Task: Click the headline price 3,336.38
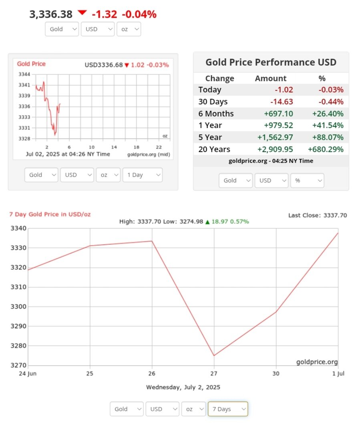coord(51,14)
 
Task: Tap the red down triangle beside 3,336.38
coord(82,13)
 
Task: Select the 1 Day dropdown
coord(143,175)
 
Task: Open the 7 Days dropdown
coord(227,409)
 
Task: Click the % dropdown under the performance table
coord(307,181)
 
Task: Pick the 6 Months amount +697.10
coord(278,114)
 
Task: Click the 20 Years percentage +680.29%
coord(325,149)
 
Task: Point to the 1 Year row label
coord(210,126)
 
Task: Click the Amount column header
coord(271,78)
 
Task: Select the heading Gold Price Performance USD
coord(271,62)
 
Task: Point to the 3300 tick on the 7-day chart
coord(18,307)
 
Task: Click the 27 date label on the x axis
coord(214,374)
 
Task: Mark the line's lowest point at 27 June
coord(214,356)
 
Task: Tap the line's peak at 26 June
coord(152,241)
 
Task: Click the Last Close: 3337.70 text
coord(318,215)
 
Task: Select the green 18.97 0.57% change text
coord(229,221)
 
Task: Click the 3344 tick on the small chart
coord(24,74)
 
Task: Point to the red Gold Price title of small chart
coord(31,64)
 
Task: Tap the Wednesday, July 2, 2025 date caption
coord(183,387)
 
